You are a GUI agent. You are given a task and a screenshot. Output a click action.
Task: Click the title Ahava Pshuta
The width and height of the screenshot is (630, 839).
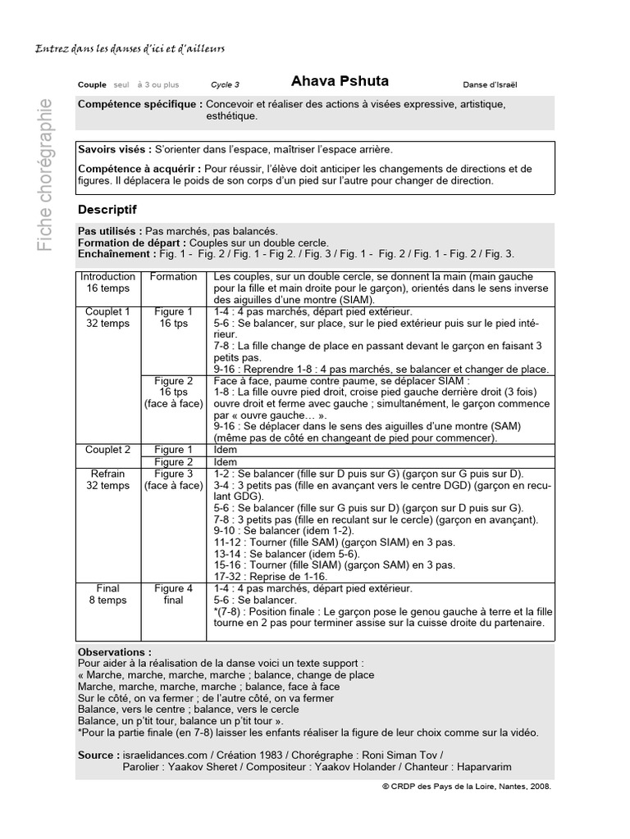point(340,82)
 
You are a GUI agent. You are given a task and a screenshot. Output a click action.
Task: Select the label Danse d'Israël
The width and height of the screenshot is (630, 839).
point(490,84)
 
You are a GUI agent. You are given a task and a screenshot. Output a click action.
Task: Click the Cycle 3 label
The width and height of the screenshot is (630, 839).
point(225,84)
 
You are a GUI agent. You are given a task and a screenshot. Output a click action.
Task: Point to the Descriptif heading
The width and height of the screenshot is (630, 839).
point(107,210)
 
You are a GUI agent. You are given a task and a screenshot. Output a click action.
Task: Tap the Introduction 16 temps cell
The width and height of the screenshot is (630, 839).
point(108,283)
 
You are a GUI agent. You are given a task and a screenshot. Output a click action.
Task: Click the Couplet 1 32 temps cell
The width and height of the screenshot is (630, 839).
point(108,318)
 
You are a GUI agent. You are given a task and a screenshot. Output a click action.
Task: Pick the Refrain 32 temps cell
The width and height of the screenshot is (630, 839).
point(108,479)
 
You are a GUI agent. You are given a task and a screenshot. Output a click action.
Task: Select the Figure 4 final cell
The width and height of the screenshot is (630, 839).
point(173,594)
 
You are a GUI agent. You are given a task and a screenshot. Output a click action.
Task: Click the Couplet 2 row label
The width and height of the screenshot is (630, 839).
point(108,450)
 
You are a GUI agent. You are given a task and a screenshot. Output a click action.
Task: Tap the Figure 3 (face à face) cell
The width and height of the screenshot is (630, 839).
point(173,479)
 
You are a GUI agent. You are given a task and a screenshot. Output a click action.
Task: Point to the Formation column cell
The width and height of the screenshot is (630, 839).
point(173,277)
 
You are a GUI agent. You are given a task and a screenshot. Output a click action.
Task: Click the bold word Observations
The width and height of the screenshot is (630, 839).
point(115,652)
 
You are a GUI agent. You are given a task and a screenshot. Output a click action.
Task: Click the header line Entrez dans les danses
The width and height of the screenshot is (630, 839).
point(130,48)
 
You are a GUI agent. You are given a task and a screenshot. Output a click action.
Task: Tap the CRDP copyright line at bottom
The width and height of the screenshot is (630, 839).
point(466,784)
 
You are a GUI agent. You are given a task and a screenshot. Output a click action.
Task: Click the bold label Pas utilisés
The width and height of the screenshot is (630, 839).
point(111,232)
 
